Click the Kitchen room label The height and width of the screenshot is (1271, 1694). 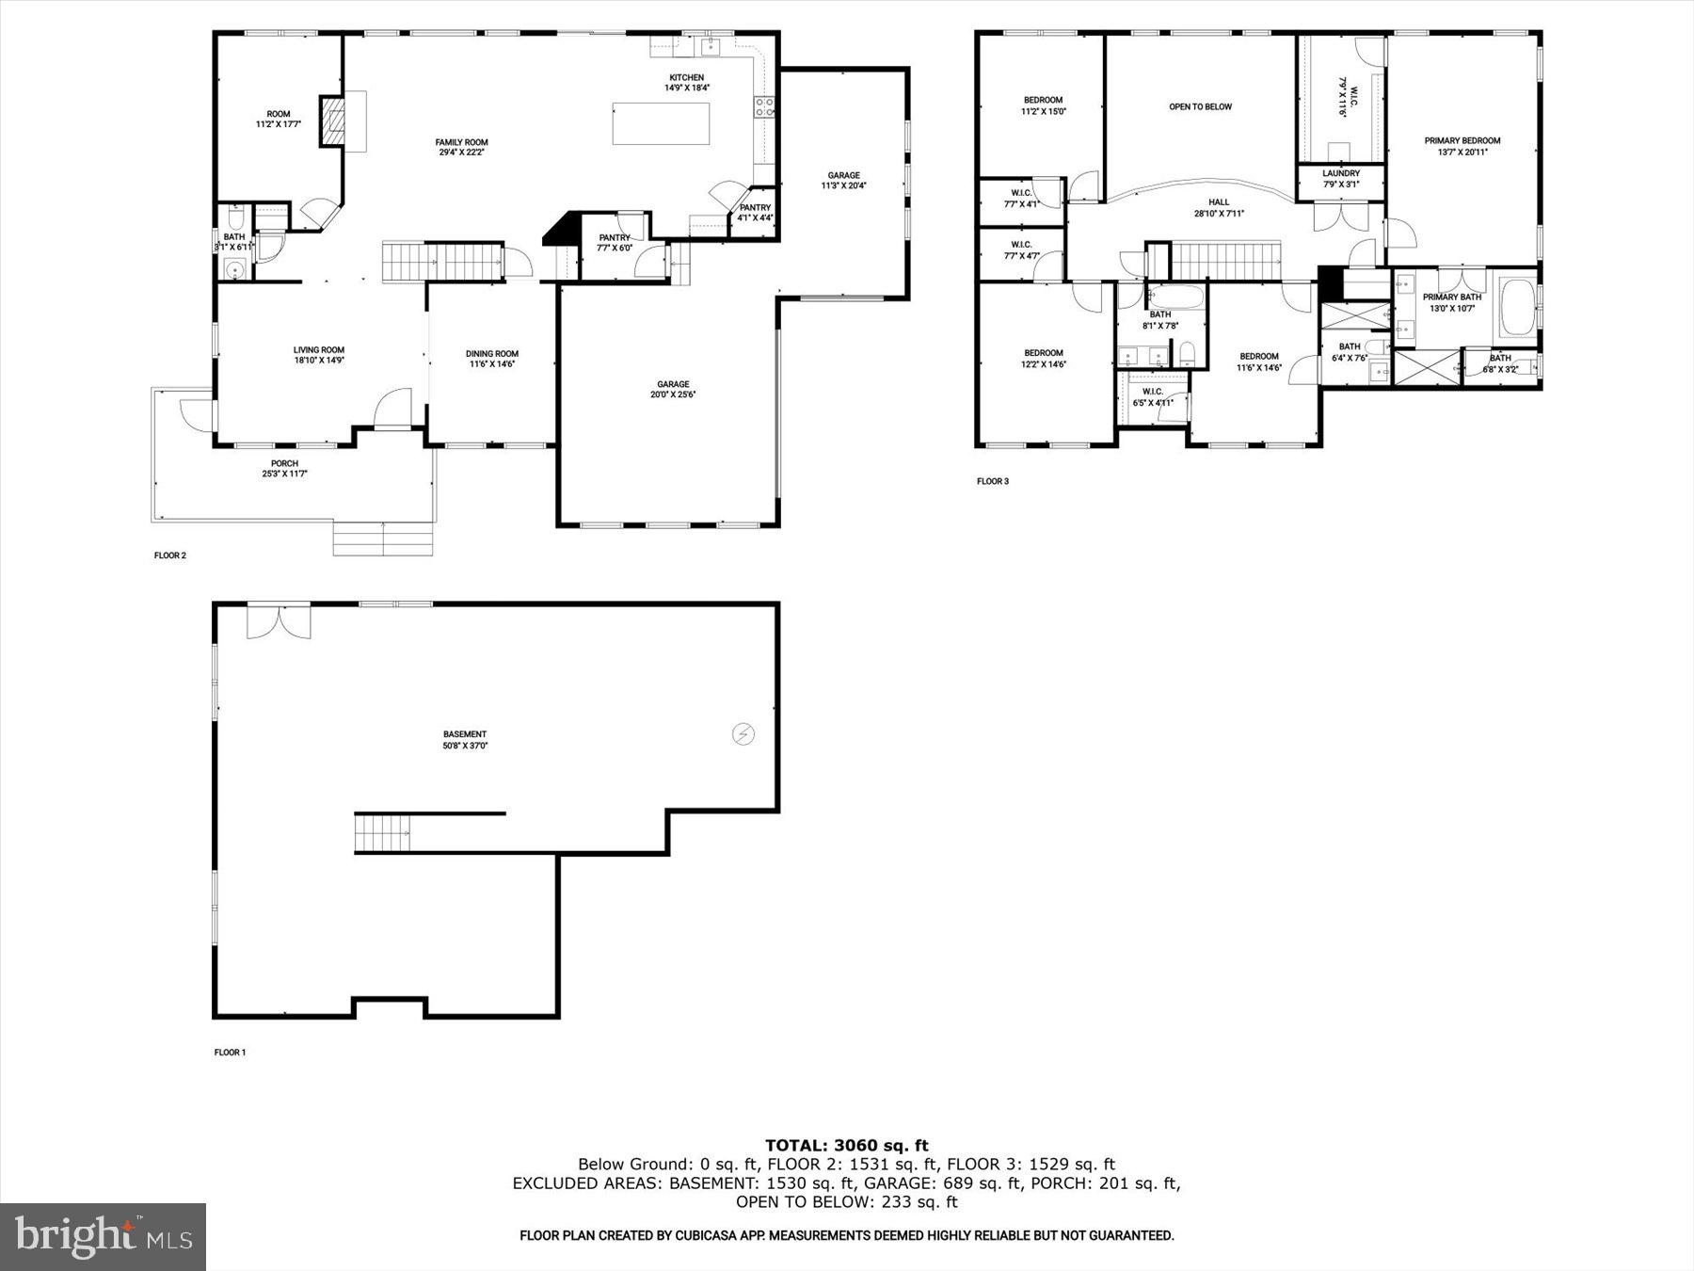coord(686,83)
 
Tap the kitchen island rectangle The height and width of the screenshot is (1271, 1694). coord(661,123)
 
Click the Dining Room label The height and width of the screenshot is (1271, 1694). coord(492,359)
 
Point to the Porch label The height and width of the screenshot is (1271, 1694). coord(284,468)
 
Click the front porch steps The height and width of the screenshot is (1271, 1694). coord(383,539)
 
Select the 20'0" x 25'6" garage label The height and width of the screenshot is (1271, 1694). coord(673,389)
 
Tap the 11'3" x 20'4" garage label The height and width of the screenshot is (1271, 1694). coord(843,180)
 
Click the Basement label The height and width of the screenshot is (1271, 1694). coord(465,739)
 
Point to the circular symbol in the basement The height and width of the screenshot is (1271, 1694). coord(743,733)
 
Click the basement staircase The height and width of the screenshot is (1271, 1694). coord(382,832)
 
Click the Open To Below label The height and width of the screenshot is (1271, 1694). coord(1200,106)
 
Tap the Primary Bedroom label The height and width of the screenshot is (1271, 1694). coord(1462,146)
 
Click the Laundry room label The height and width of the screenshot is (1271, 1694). coord(1340,178)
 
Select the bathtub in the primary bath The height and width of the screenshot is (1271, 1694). coord(1516,306)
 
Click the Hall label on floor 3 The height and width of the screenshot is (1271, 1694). coord(1219,207)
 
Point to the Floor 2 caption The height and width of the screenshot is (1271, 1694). coord(170,555)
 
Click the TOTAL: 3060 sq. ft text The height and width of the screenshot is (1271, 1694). coord(846,1145)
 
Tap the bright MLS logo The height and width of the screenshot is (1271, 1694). coord(103,1236)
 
